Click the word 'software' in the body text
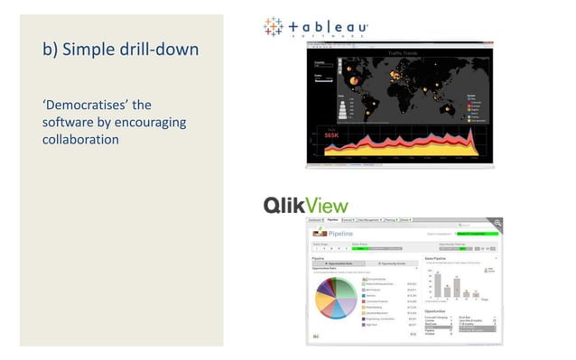click(x=69, y=123)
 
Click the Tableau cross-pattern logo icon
click(x=273, y=27)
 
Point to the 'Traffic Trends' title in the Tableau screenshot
click(x=405, y=54)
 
